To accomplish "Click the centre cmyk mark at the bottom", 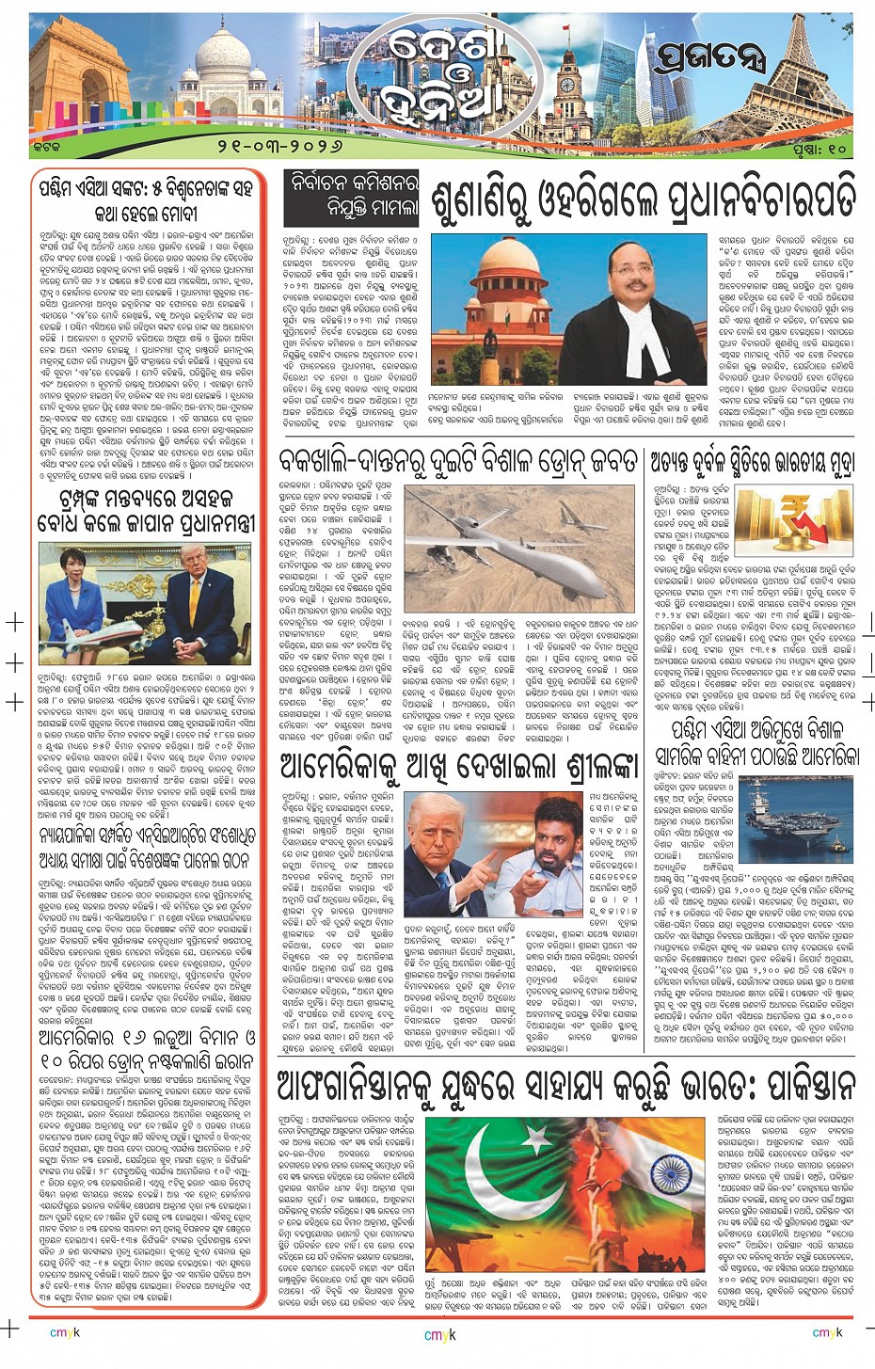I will click(439, 1333).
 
